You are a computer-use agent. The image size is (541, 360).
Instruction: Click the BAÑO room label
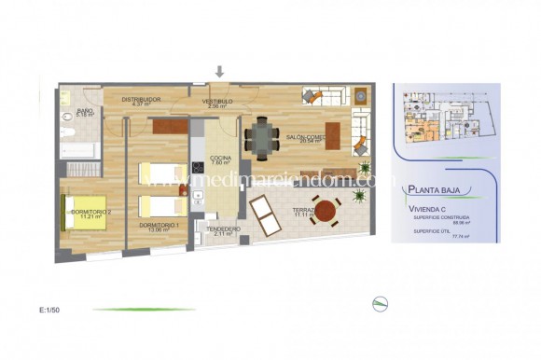click(x=85, y=111)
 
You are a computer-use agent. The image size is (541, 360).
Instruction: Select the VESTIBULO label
click(x=220, y=101)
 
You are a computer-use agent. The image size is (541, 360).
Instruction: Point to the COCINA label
click(x=220, y=159)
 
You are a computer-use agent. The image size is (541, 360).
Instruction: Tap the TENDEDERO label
click(x=223, y=228)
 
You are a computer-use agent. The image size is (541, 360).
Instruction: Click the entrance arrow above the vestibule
click(x=220, y=72)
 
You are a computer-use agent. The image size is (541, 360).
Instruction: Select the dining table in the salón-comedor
click(x=262, y=138)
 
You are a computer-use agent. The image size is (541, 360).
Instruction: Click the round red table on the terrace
click(x=325, y=210)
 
